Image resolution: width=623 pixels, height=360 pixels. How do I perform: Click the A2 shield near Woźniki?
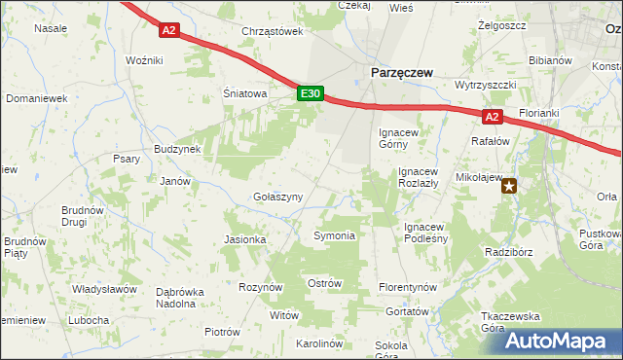click(169, 30)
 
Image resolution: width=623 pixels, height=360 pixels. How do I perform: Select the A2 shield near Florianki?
click(493, 117)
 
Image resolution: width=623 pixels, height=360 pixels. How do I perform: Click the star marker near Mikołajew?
click(509, 188)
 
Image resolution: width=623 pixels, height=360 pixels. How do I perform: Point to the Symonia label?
click(334, 236)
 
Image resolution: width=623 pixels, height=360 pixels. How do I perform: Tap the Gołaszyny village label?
click(278, 197)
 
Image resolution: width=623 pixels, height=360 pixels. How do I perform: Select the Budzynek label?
click(177, 149)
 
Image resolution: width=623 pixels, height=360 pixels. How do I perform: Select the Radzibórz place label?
click(511, 251)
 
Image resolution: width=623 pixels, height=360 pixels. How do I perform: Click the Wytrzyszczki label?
click(485, 85)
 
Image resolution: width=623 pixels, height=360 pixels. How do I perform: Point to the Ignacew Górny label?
click(403, 138)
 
